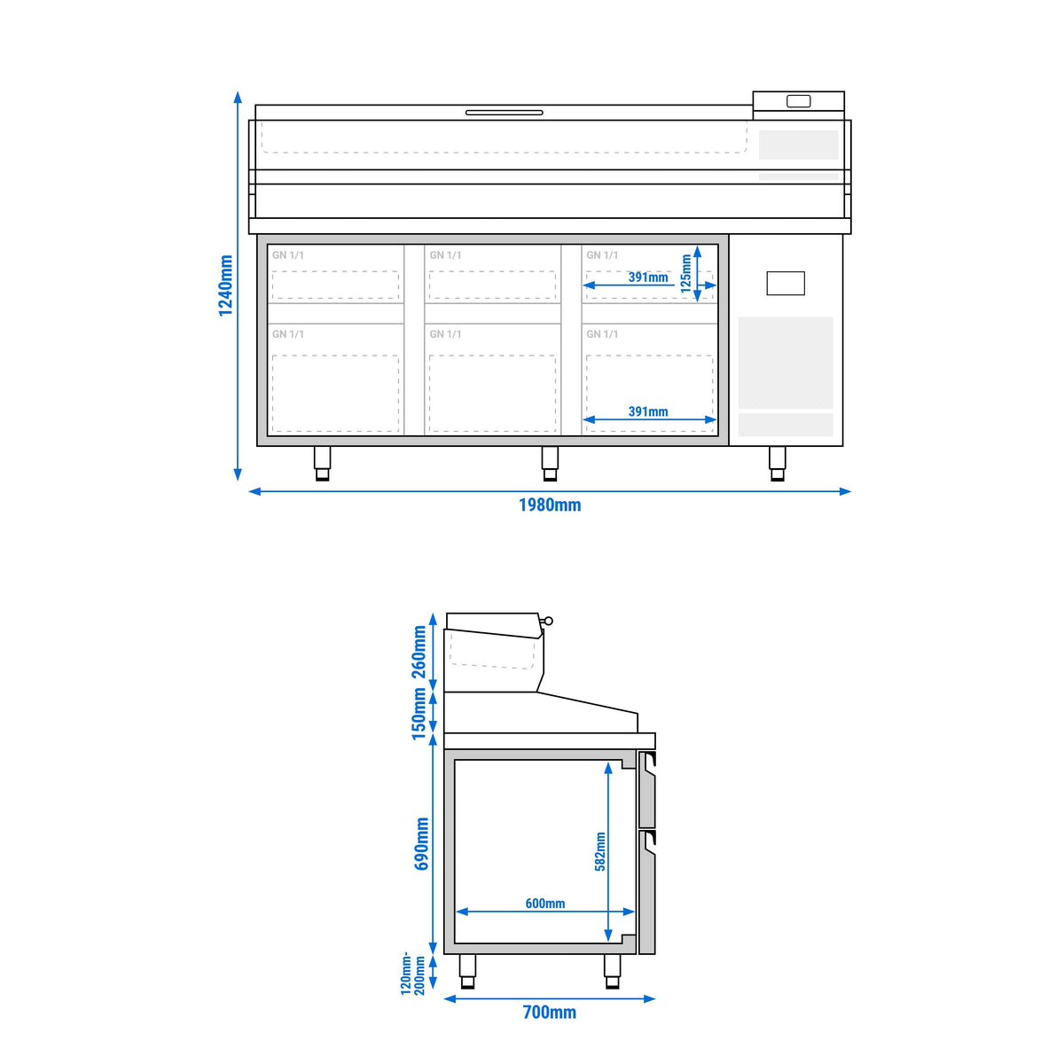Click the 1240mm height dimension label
click(x=225, y=286)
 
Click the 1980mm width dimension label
click(x=550, y=505)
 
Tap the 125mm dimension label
click(x=685, y=273)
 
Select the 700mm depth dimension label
click(x=550, y=1012)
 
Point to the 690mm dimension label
click(x=421, y=844)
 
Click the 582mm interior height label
click(x=599, y=851)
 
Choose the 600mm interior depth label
click(x=545, y=904)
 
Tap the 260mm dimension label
click(x=419, y=652)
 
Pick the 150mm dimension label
click(x=419, y=714)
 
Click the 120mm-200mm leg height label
click(x=413, y=974)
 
